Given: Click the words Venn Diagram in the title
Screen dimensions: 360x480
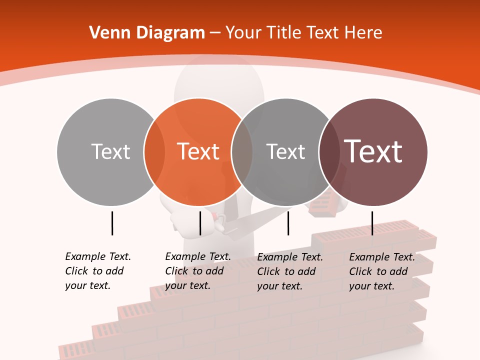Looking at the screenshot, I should (147, 33).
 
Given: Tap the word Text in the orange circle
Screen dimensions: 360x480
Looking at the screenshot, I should (198, 151).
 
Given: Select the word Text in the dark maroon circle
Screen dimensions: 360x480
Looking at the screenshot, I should (373, 151).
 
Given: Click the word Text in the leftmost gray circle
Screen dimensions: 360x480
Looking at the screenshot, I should (110, 151).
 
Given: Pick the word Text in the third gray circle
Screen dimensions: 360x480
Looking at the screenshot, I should (285, 151).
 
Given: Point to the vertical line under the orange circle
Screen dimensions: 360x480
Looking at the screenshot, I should (200, 223).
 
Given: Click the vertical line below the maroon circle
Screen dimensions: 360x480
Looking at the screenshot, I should (372, 223).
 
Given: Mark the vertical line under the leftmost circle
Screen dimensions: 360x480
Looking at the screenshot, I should (112, 223).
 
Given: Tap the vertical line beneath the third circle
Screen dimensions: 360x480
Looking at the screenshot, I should (288, 223).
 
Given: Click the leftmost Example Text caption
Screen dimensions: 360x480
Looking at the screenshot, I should (98, 271).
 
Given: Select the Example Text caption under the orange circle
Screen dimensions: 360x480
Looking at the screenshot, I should (198, 271).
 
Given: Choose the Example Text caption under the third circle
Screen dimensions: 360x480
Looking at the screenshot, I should (290, 271).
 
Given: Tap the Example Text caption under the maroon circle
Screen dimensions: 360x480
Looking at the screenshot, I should (382, 271).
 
